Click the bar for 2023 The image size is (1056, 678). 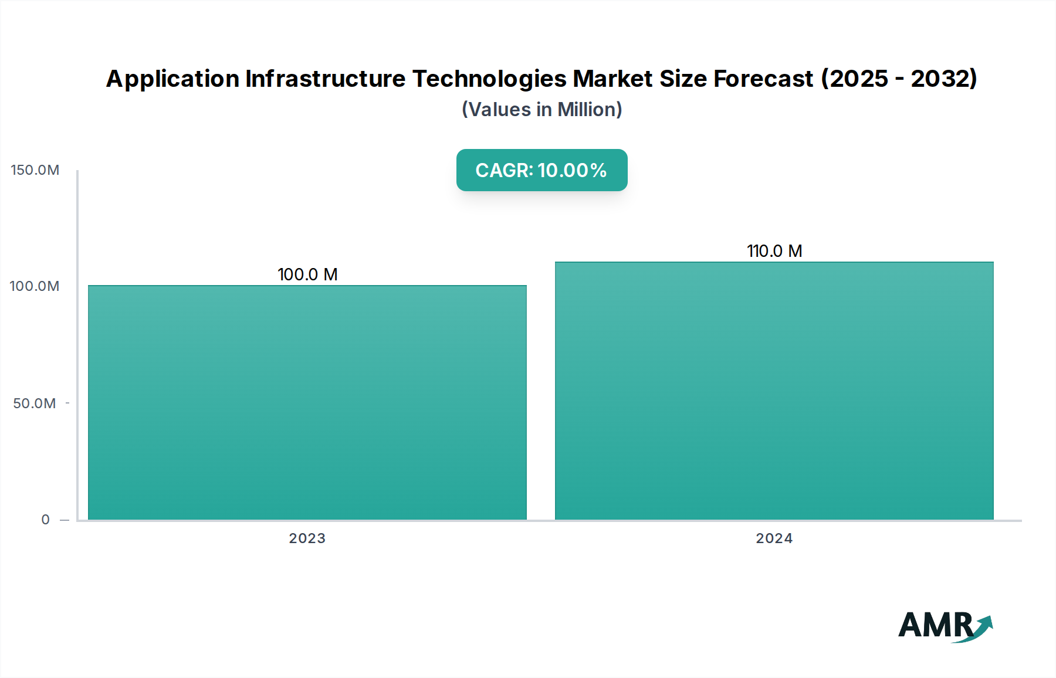coord(307,402)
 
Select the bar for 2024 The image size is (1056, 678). coord(774,391)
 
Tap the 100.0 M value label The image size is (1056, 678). coord(307,274)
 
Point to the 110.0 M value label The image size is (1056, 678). coord(774,251)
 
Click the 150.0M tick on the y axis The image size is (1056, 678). coord(35,170)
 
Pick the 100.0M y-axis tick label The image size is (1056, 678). coord(35,286)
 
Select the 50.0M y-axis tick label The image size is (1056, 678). coord(35,404)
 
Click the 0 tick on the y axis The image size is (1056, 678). coord(46,520)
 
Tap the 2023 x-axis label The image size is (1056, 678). coord(307,538)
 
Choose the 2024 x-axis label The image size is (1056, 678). coord(774,538)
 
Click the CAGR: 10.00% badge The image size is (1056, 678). coord(541,170)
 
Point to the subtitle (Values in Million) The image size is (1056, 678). coord(541,110)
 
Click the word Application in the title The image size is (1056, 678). coord(173,79)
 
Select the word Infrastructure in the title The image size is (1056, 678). coord(325,79)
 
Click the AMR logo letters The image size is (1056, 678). coord(935,625)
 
